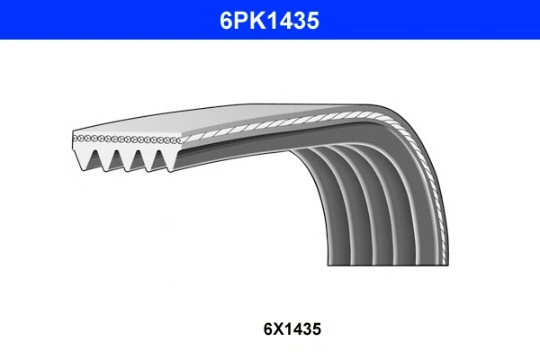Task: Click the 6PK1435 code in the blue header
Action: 269,21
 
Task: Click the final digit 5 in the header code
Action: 312,21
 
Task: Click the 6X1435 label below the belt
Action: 292,329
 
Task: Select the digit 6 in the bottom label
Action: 268,329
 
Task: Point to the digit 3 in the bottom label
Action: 308,329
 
